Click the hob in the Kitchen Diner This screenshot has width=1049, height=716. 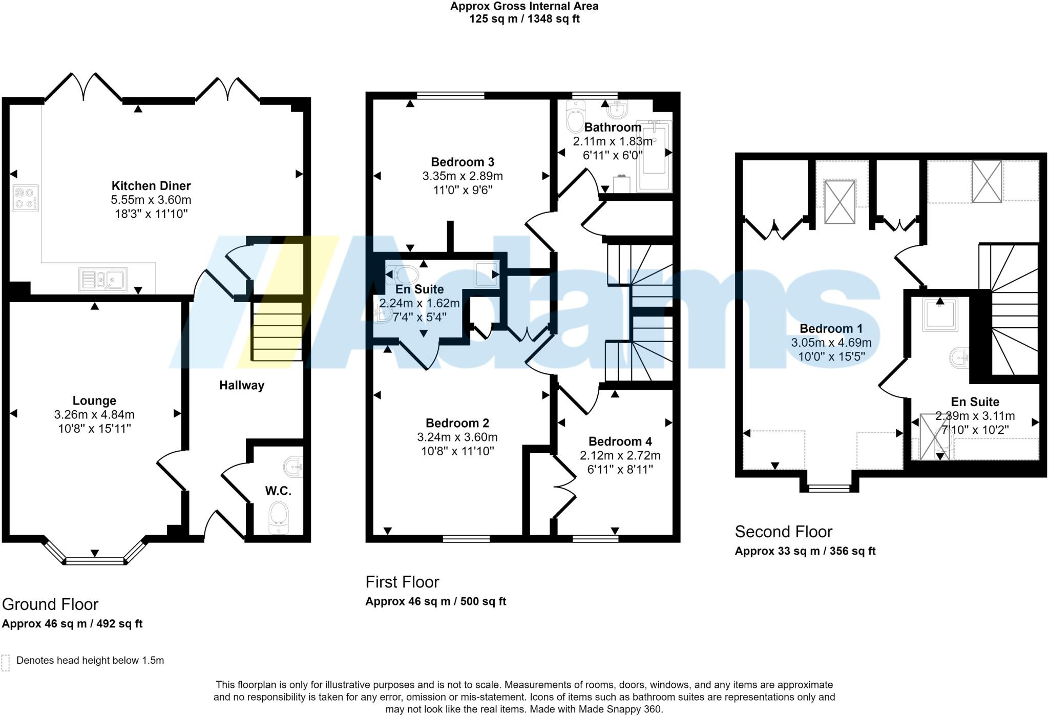pos(25,198)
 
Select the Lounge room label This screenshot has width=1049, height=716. pos(94,401)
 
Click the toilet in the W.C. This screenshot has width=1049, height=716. pos(278,517)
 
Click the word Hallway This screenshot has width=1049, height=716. pos(242,385)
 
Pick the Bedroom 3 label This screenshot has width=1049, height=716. pos(463,162)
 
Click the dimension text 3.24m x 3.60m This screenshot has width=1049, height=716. pos(457,437)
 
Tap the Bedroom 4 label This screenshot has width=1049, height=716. pos(620,441)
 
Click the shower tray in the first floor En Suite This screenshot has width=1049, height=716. pos(486,274)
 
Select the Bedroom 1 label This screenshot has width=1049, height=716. pos(831,329)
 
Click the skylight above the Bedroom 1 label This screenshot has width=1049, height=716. pos(840,202)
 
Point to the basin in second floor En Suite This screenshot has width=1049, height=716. pos(958,357)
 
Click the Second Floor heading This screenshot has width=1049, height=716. pos(783,532)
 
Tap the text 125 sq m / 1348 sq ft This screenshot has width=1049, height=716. pos(524,19)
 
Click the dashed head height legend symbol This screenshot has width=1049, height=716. pos(6,663)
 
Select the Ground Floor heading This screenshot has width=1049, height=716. pos(50,604)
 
